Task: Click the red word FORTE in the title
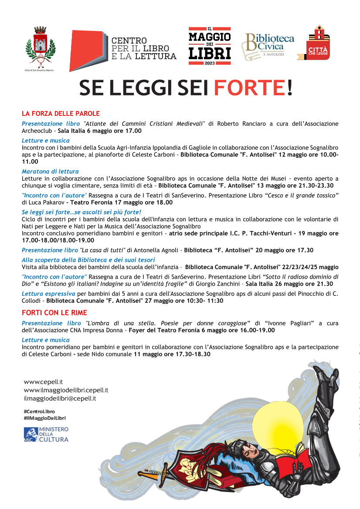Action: [x=249, y=88]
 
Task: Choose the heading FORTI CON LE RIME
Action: [x=54, y=313]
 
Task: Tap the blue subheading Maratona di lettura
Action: [x=50, y=172]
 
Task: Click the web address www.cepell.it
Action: [x=44, y=382]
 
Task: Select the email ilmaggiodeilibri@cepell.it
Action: [x=60, y=398]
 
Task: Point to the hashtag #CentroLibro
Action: [x=39, y=411]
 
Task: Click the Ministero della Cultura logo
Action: [x=46, y=435]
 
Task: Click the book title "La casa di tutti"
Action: [x=103, y=250]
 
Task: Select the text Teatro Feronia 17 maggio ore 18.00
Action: [x=122, y=202]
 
